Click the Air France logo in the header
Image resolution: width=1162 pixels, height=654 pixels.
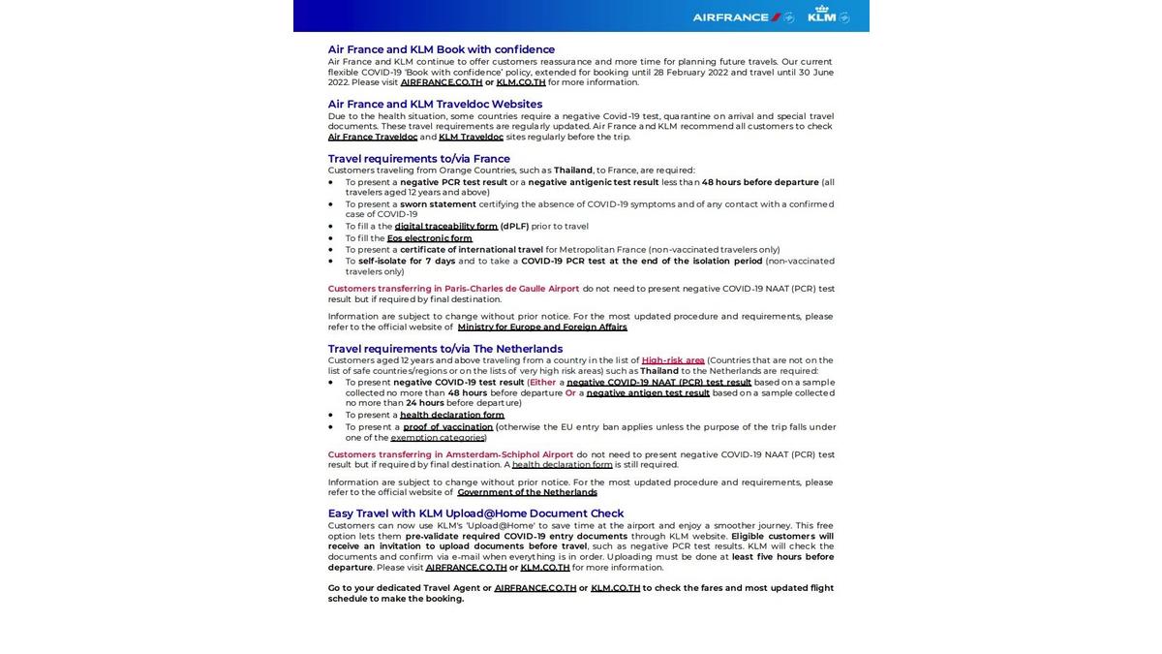pyautogui.click(x=742, y=16)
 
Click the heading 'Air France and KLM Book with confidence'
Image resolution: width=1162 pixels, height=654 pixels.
pyautogui.click(x=441, y=49)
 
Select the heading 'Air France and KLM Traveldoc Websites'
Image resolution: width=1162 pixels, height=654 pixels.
pyautogui.click(x=435, y=104)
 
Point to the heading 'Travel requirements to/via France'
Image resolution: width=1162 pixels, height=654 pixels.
pyautogui.click(x=418, y=159)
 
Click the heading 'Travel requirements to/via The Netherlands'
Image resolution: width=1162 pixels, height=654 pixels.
pyautogui.click(x=444, y=349)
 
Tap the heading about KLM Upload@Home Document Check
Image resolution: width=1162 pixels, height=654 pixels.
pyautogui.click(x=475, y=514)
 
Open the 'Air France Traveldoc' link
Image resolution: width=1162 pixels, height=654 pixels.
pyautogui.click(x=372, y=137)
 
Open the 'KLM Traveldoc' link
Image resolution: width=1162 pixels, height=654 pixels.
pyautogui.click(x=471, y=137)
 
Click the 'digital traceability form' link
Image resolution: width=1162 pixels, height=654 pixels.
pyautogui.click(x=445, y=227)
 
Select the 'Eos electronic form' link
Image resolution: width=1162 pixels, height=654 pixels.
pyautogui.click(x=429, y=238)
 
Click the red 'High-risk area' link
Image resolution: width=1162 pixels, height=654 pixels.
pyautogui.click(x=672, y=360)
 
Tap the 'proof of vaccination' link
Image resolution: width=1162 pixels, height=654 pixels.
pyautogui.click(x=447, y=427)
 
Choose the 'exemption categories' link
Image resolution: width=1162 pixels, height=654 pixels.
pyautogui.click(x=438, y=438)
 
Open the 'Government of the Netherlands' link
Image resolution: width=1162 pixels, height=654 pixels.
pyautogui.click(x=527, y=492)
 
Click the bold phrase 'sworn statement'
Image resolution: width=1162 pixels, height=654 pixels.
pyautogui.click(x=438, y=204)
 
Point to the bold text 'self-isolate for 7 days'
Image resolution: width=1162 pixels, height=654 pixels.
pyautogui.click(x=406, y=261)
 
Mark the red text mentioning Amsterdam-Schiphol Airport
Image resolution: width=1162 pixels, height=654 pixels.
pyautogui.click(x=450, y=454)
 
